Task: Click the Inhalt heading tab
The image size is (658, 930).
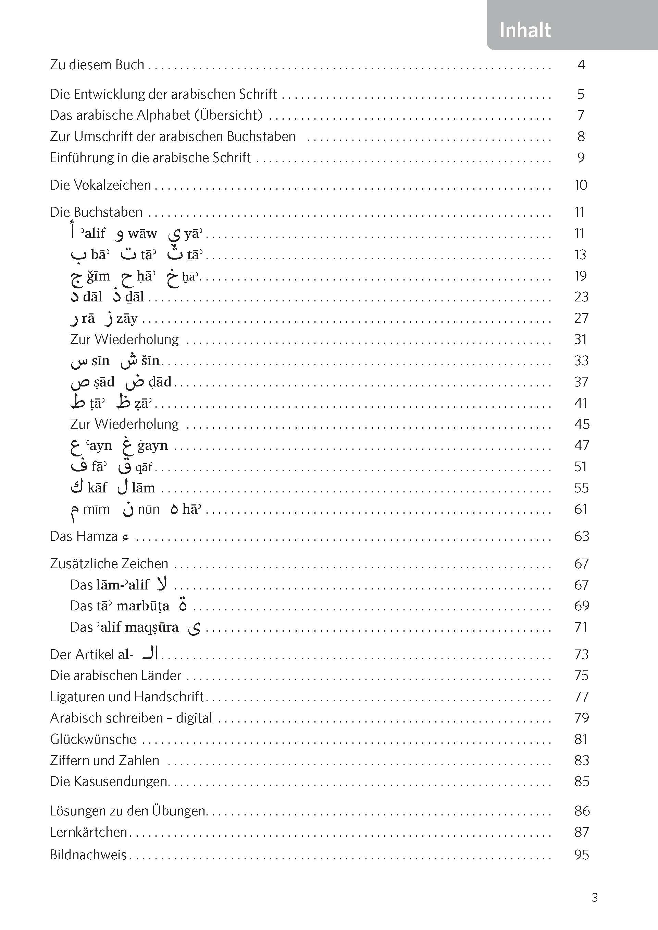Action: pos(525,31)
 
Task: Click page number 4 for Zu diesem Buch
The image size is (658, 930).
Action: pos(581,64)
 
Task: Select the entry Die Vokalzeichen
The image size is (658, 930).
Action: pos(100,185)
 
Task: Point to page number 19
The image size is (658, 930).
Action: pos(580,276)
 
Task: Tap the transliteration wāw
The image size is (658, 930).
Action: pos(142,234)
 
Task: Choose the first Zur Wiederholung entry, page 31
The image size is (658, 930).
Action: pos(124,339)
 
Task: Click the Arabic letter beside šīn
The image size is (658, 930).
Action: pos(129,361)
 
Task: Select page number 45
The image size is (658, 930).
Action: pos(581,424)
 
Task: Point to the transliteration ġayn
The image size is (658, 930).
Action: pos(152,445)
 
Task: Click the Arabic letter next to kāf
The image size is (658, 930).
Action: pos(77,487)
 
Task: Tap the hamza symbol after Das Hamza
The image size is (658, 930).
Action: pos(126,537)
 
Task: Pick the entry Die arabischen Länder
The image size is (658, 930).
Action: pos(115,675)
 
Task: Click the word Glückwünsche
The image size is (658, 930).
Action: pos(93,739)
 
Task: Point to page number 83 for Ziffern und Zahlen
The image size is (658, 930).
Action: pos(581,760)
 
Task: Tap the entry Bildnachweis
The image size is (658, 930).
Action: pos(88,855)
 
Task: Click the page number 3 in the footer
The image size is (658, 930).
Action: pos(594,897)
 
